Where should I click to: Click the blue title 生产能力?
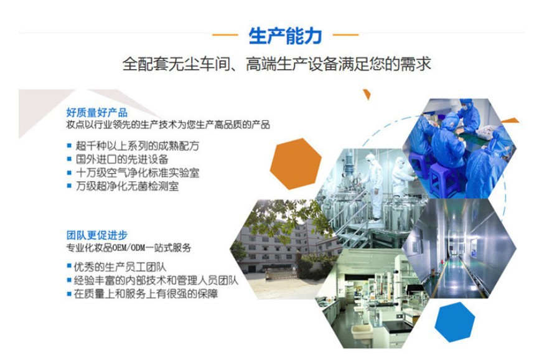click(286, 36)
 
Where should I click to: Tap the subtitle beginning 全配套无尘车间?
click(276, 65)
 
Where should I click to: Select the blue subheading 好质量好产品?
click(96, 113)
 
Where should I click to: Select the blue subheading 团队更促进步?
click(96, 235)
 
